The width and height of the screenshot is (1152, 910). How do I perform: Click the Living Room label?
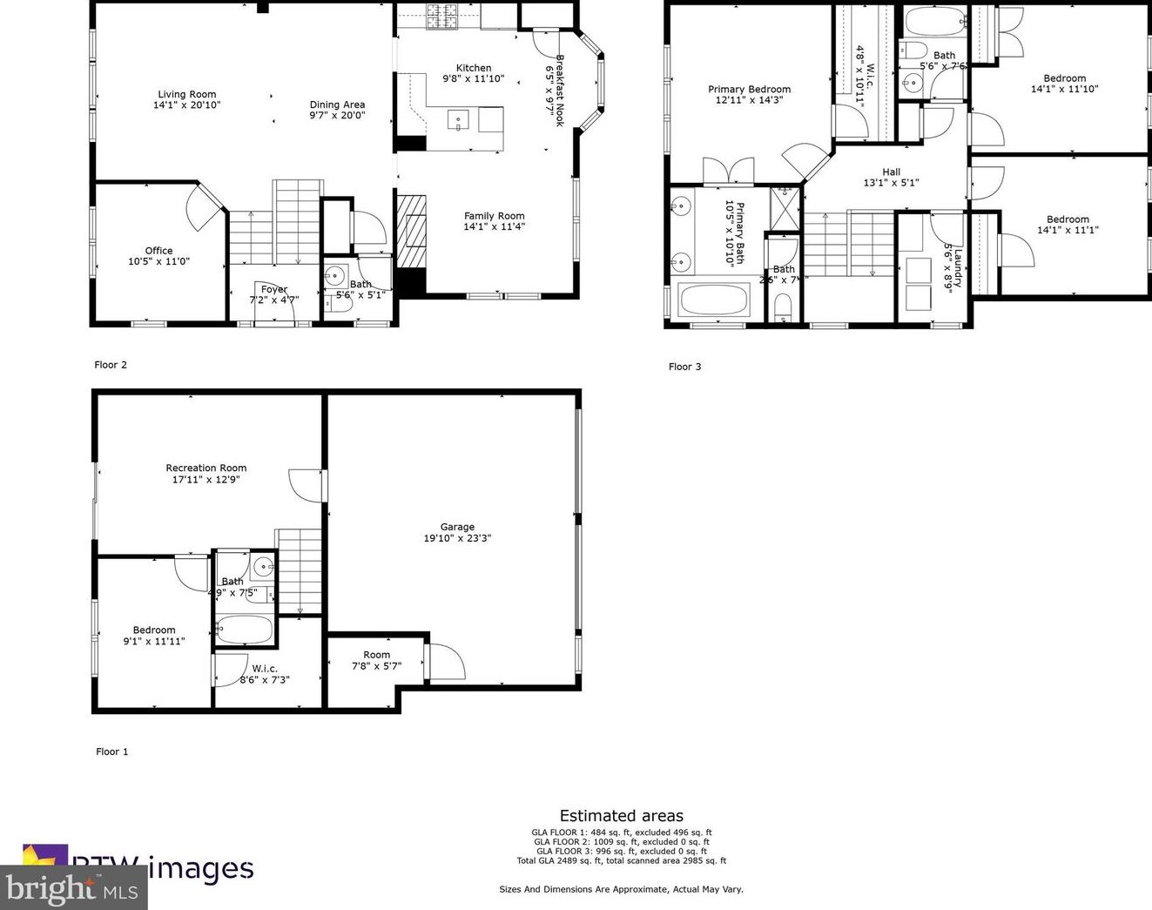pyautogui.click(x=186, y=94)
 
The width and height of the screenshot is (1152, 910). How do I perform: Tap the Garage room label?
pyautogui.click(x=457, y=527)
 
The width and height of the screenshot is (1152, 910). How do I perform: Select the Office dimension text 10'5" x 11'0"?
pyautogui.click(x=158, y=261)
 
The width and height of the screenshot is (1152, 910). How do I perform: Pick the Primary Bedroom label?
pyautogui.click(x=749, y=89)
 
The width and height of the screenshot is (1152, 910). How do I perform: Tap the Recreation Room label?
pyautogui.click(x=206, y=468)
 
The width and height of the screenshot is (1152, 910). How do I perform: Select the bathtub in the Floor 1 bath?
pyautogui.click(x=244, y=630)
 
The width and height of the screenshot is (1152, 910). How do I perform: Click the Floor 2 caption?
pyautogui.click(x=111, y=365)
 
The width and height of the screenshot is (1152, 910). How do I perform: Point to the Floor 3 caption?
pyautogui.click(x=684, y=367)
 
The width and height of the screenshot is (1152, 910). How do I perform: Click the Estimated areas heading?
pyautogui.click(x=621, y=816)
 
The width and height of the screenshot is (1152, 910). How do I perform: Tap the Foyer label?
pyautogui.click(x=273, y=289)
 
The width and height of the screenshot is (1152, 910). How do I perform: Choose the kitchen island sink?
pyautogui.click(x=458, y=119)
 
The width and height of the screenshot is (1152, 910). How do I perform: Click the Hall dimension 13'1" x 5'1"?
pyautogui.click(x=891, y=183)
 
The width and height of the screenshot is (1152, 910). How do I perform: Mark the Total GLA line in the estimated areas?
pyautogui.click(x=621, y=860)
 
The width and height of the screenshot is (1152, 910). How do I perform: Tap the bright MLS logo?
pyautogui.click(x=73, y=888)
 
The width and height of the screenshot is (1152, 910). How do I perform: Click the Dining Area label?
pyautogui.click(x=337, y=104)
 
